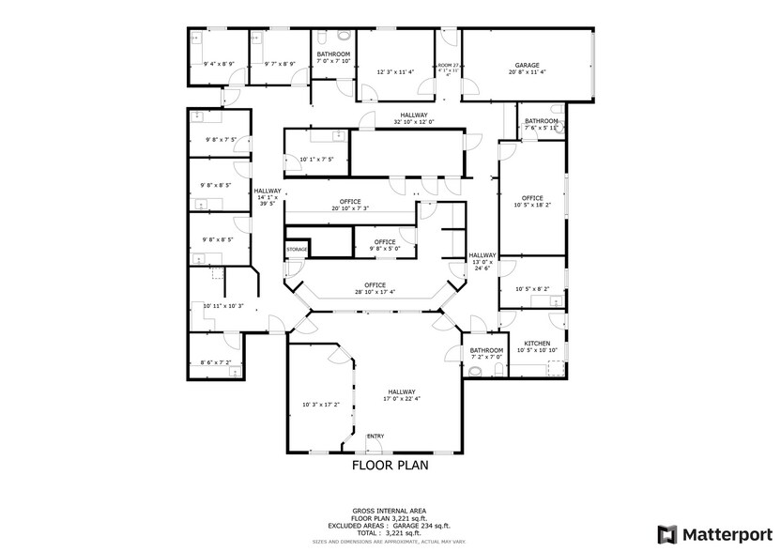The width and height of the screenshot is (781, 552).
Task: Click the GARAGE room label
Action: coord(526,65)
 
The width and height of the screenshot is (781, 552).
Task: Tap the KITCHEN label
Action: coord(537,344)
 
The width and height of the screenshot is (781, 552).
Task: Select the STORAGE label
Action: coord(298,249)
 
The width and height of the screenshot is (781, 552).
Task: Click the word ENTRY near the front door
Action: coord(375,436)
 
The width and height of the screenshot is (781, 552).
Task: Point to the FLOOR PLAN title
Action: coord(390,465)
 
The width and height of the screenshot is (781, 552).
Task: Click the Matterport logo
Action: coord(716,533)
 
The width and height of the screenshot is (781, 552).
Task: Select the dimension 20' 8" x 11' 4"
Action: coord(526,72)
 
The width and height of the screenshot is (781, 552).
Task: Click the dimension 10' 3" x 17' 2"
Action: coord(319,405)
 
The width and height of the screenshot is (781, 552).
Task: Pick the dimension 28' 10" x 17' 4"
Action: coord(375,292)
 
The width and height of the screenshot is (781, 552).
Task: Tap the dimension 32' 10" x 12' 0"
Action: coord(413,121)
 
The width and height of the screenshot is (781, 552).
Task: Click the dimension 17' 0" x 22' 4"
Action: coord(402,398)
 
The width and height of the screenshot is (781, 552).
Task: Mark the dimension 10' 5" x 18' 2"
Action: coord(532,205)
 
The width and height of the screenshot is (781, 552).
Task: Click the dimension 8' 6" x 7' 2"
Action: coord(215,362)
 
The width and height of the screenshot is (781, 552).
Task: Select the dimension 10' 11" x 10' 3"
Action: coord(222,305)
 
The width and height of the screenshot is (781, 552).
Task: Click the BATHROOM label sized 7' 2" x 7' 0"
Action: coord(486,350)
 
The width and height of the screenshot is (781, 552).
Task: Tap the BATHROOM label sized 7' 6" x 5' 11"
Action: coord(542,120)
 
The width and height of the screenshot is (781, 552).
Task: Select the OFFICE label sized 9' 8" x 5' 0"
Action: coord(385,241)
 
